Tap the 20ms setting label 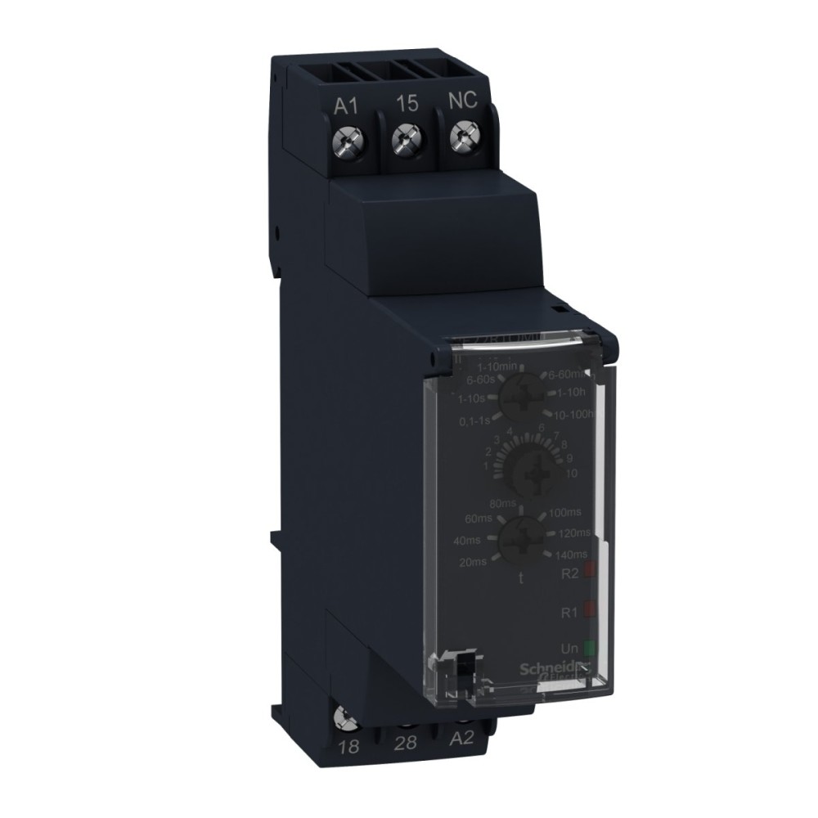[474, 561]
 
